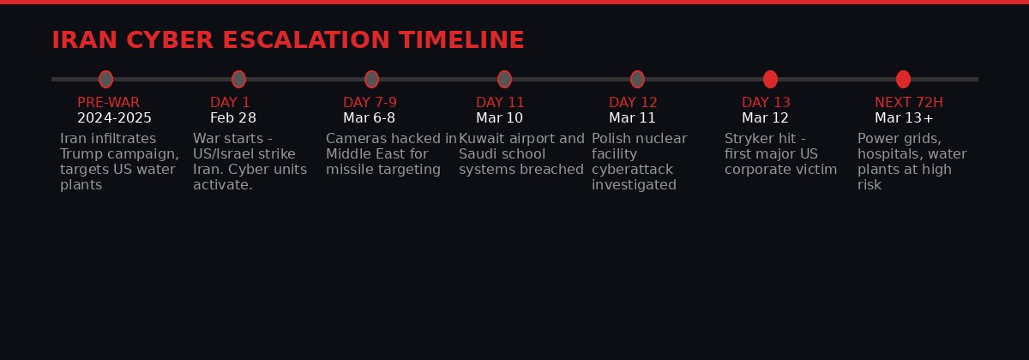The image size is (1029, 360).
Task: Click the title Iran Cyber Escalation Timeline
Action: (x=287, y=40)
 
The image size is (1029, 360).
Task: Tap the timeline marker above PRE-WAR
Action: (x=105, y=79)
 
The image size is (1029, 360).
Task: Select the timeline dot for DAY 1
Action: (x=238, y=79)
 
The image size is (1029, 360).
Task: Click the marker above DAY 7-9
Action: (x=371, y=79)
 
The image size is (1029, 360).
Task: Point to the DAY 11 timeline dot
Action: (x=504, y=79)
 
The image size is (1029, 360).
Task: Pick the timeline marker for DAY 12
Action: (x=637, y=79)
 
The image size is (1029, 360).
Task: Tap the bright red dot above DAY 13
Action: (x=770, y=79)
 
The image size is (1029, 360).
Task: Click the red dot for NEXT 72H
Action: (x=903, y=79)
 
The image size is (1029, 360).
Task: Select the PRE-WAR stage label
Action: (x=108, y=103)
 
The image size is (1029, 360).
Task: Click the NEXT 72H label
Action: (x=908, y=103)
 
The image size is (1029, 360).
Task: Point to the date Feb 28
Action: (x=232, y=118)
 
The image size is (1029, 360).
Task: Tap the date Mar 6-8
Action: (x=369, y=118)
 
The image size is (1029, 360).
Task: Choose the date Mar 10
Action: (x=499, y=118)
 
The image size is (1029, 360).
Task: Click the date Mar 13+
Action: (x=904, y=118)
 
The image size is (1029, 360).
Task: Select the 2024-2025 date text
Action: (x=114, y=118)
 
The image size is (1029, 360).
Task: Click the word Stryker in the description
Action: (x=749, y=139)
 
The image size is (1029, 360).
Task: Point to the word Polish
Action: (x=611, y=139)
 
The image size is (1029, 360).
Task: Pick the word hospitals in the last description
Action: (x=888, y=154)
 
